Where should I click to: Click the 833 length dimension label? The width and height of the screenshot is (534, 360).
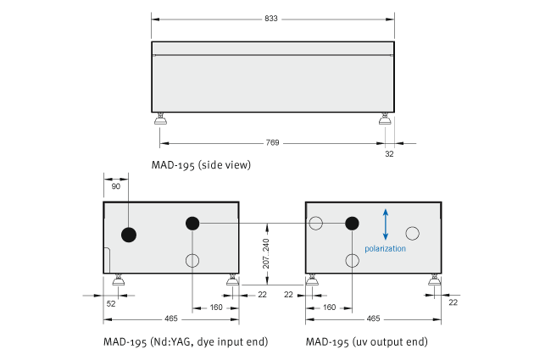(271, 19)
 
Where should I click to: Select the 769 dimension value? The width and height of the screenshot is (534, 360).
(272, 142)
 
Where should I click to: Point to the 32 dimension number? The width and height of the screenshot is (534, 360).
(389, 154)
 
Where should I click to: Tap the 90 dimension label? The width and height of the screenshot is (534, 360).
(116, 186)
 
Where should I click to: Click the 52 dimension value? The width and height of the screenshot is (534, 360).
(111, 303)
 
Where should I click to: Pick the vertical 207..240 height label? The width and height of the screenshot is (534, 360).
(266, 253)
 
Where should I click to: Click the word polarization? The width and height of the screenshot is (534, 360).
(385, 249)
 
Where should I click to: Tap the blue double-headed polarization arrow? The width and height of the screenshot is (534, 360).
(386, 224)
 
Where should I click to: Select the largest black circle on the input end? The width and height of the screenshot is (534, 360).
(129, 235)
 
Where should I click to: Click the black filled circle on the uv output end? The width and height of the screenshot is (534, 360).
(352, 224)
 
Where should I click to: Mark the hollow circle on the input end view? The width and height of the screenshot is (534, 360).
(192, 261)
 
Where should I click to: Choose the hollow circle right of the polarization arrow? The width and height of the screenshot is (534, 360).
(413, 234)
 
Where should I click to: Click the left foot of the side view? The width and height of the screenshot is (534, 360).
(160, 119)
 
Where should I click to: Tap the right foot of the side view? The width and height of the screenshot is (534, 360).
(385, 119)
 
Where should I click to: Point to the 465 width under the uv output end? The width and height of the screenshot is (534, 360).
(373, 318)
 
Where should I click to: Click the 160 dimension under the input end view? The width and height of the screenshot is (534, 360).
(216, 307)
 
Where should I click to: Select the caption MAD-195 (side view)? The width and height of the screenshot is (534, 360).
(201, 165)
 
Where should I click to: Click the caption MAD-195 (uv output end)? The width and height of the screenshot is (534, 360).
(367, 341)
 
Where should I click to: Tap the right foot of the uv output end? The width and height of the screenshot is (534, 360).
(434, 280)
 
